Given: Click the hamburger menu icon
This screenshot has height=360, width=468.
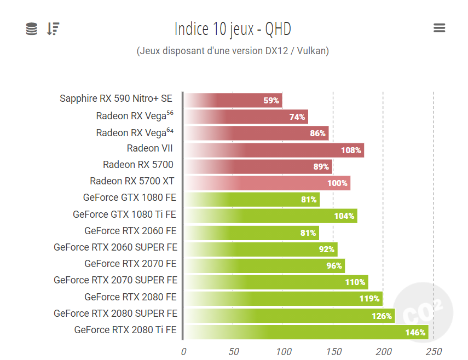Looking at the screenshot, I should point(439,28).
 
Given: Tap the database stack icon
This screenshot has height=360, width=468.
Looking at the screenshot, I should point(32,29).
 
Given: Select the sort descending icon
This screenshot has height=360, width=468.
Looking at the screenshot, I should point(53,29).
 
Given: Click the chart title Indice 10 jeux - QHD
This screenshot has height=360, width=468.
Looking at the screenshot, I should point(233,28).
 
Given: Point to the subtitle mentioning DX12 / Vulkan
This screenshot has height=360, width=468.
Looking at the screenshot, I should point(233,51).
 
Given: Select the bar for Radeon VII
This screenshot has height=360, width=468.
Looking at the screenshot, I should point(274,150).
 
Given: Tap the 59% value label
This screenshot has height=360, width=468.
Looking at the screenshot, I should point(271,101).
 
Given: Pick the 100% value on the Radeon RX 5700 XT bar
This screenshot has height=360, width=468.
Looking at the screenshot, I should point(337,183).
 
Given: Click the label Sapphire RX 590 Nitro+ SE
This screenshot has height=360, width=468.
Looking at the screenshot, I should point(116,98).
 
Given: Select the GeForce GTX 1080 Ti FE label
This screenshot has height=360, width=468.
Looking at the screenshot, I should point(125,214).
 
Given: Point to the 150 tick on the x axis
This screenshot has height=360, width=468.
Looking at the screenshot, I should point(334,351).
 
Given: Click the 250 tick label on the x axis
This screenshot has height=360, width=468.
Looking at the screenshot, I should point(434,351).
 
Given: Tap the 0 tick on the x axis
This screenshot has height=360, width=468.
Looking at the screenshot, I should point(183,351).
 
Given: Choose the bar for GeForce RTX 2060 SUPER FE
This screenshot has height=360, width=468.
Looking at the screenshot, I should point(261,249).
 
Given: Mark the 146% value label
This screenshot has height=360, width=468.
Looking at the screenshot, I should point(415,332).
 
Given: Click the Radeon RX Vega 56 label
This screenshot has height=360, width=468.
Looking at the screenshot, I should point(135,115).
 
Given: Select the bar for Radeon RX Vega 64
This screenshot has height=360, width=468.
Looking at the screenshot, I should point(256,133).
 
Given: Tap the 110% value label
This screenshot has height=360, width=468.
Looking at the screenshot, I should point(355,282).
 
